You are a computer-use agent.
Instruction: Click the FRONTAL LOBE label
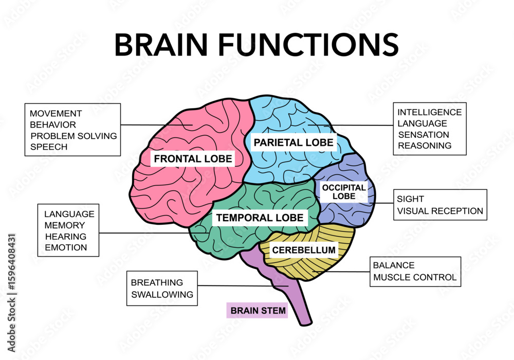[x=193, y=158]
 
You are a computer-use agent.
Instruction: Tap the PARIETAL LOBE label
[x=293, y=142]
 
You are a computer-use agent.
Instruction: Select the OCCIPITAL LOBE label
[x=344, y=192]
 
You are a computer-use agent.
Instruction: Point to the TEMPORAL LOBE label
[x=260, y=218]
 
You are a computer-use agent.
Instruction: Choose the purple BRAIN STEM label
[x=258, y=311]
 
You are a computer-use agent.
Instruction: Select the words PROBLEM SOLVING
[x=74, y=136]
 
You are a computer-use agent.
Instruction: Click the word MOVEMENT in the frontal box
[x=56, y=113]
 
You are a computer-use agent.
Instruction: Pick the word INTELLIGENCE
[x=430, y=112]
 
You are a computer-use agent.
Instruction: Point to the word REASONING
[x=425, y=146]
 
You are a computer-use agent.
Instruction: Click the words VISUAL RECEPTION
[x=440, y=211]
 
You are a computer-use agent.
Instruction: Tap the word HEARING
[x=65, y=237]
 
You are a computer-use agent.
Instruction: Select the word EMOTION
[x=66, y=248]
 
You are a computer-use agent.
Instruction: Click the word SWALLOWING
[x=162, y=295]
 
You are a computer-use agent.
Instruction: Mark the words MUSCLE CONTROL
[x=414, y=278]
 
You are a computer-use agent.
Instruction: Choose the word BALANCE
[x=394, y=265]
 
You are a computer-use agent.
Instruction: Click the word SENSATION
[x=424, y=135]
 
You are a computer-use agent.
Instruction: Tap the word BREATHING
[x=157, y=282]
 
